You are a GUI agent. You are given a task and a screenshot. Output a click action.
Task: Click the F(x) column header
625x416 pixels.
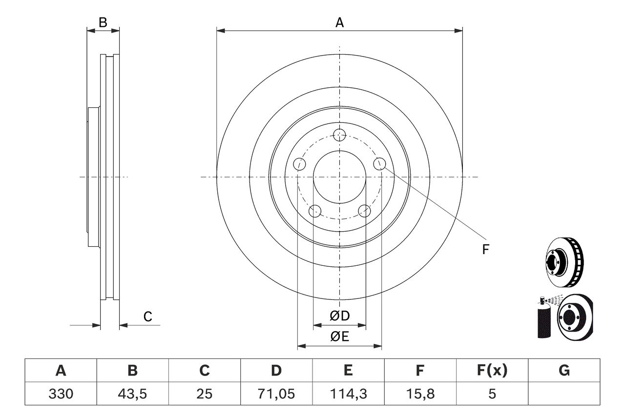point(491,371)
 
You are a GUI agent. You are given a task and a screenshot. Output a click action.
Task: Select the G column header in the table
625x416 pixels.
point(564,371)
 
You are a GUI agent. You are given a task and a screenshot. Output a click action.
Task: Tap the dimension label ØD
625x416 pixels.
point(340,316)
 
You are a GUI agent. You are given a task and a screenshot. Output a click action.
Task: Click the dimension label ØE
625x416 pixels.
point(340,337)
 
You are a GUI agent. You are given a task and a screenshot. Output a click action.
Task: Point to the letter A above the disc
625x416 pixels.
point(339,22)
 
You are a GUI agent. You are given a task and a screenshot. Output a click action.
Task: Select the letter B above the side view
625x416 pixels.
point(103,22)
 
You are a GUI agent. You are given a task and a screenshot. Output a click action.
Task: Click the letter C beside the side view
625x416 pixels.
point(147,317)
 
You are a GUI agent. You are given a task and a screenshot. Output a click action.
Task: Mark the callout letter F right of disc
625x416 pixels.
point(485,250)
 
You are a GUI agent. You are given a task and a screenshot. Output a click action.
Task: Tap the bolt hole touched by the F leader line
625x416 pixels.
point(380,164)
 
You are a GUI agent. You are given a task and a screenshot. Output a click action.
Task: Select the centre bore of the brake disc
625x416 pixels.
point(339,177)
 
